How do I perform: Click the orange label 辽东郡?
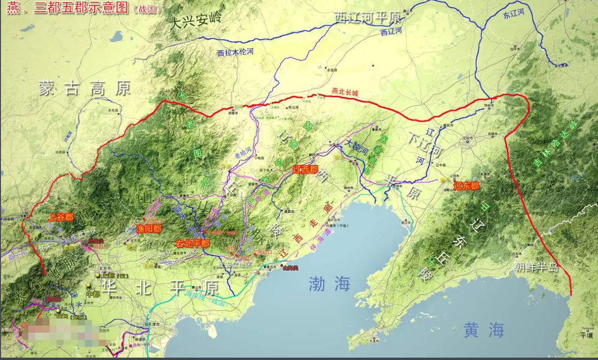click(x=466, y=186)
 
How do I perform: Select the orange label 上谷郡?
click(x=61, y=217)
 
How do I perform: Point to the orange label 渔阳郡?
click(x=149, y=229)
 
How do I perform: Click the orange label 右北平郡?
click(x=192, y=243)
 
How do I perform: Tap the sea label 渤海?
click(x=330, y=284)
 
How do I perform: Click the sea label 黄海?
click(x=484, y=329)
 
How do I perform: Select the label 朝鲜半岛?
click(x=537, y=267)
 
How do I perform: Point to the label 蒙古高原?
click(x=84, y=88)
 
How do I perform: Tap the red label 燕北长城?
click(x=345, y=92)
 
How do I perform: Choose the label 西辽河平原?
click(x=367, y=17)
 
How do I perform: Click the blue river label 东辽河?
click(x=514, y=14)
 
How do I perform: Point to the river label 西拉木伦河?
click(x=235, y=52)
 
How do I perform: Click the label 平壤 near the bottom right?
click(x=586, y=335)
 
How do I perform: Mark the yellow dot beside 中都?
click(x=89, y=285)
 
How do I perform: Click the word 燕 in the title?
click(x=13, y=8)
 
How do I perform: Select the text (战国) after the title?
click(x=147, y=9)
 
